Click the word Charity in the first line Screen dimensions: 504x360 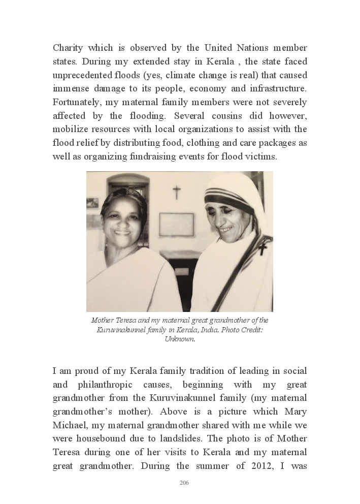pyautogui.click(x=70, y=48)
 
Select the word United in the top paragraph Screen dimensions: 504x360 pyautogui.click(x=221, y=48)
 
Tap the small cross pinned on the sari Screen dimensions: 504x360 pyautogui.click(x=262, y=247)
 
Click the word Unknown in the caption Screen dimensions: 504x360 pyautogui.click(x=180, y=338)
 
